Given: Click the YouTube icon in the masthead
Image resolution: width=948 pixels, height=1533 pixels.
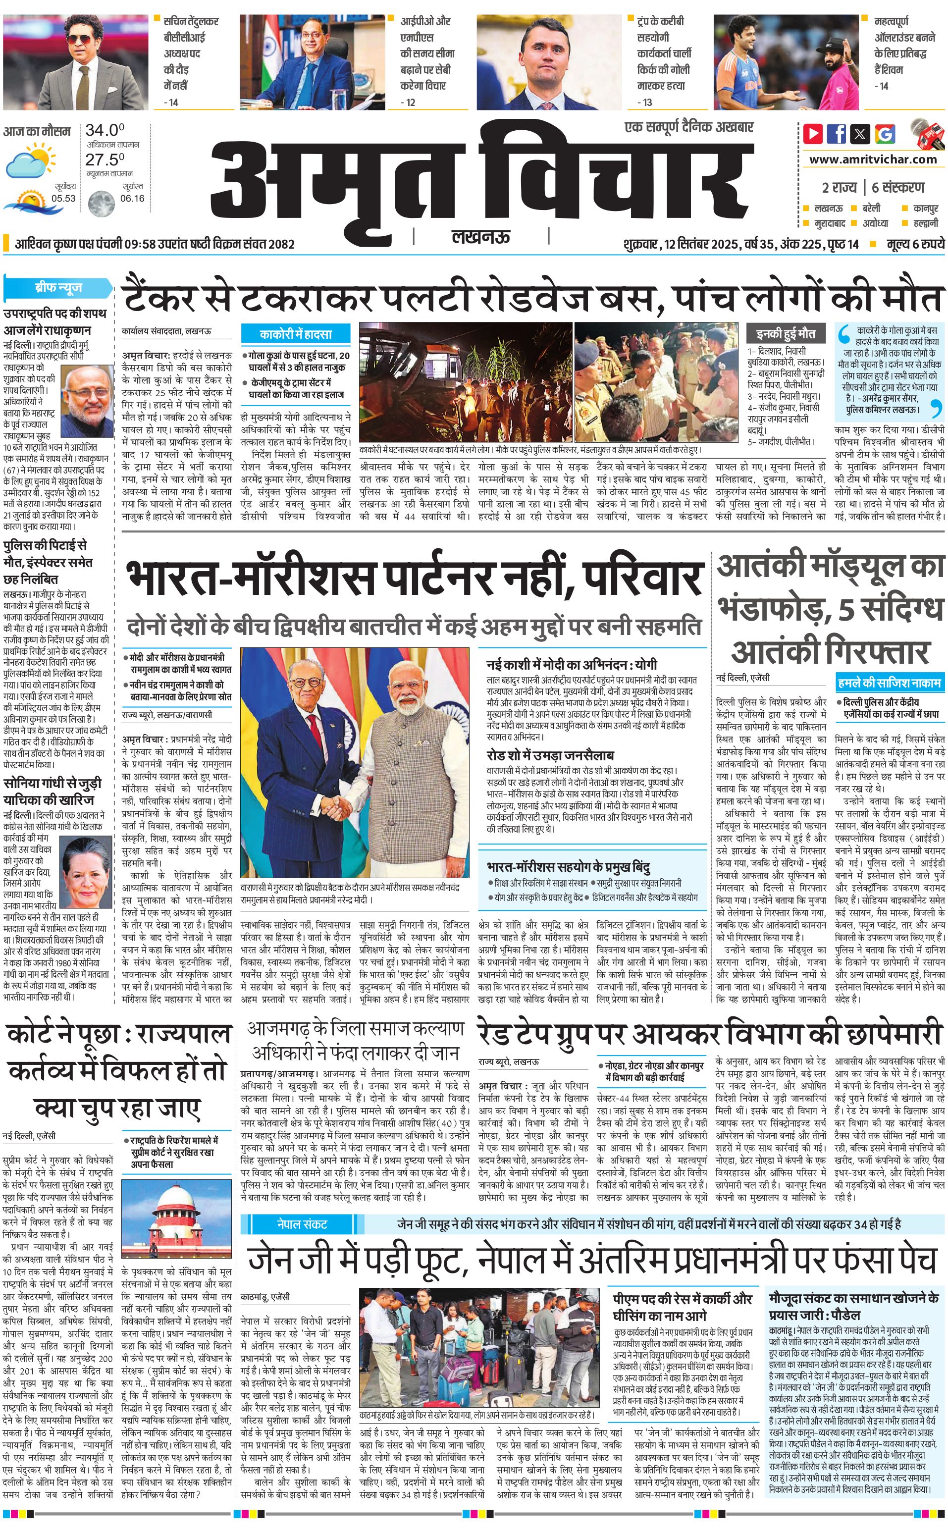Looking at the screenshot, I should click(813, 134).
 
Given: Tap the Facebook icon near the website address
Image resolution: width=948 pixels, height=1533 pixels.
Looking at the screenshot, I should click(837, 134).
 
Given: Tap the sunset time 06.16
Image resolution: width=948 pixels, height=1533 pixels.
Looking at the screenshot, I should click(132, 198).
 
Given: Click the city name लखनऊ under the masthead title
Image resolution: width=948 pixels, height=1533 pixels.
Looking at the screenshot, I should click(480, 236).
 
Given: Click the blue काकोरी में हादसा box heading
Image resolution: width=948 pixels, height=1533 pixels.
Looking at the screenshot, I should click(295, 334).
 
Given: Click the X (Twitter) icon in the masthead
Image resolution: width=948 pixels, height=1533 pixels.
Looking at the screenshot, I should click(861, 134).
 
